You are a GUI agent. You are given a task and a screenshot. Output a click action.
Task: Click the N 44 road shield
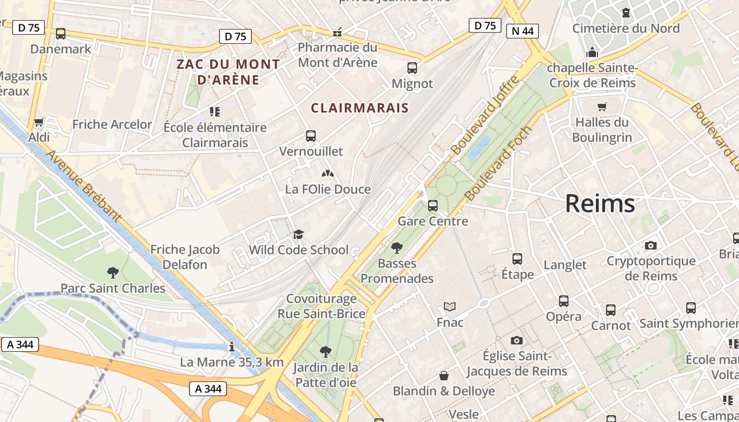pos(523,31)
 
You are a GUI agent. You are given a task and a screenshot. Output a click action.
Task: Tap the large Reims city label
pos(600,204)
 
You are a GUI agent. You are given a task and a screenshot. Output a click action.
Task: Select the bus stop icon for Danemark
pos(61,34)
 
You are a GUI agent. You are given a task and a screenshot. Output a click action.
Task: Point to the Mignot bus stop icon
pos(412,68)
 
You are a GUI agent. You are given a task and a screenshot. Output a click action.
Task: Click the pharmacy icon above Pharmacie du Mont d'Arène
pos(337,33)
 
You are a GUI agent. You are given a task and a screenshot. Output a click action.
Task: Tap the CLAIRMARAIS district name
pos(359,108)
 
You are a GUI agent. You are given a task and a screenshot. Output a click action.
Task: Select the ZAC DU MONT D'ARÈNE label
pos(228,72)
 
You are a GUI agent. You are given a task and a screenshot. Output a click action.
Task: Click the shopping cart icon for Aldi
pos(39,123)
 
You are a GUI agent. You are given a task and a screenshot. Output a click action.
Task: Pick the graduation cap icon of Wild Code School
pos(299,234)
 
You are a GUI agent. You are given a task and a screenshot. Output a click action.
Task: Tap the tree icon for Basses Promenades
pos(397,247)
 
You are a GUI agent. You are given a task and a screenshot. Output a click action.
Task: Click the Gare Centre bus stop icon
pos(433,206)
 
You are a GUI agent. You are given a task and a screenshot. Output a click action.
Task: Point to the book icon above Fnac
pos(450,306)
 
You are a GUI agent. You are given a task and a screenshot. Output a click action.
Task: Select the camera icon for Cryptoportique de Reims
pos(651,245)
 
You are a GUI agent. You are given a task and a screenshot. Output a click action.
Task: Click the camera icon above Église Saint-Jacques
pos(517,341)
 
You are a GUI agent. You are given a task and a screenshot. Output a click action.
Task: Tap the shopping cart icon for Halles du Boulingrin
pos(602,107)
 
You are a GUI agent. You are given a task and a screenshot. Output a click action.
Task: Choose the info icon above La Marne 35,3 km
pos(231,347)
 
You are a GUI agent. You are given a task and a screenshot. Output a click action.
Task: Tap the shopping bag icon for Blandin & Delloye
pos(444,376)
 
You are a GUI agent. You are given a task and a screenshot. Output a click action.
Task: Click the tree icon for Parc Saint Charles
pos(112,273)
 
